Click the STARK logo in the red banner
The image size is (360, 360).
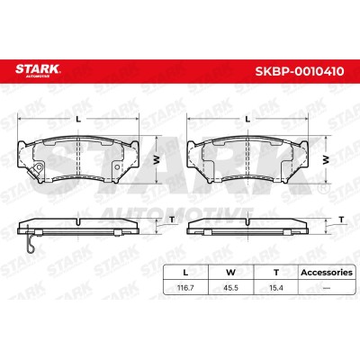38,71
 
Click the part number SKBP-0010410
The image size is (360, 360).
300,71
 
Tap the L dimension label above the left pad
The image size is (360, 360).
78,120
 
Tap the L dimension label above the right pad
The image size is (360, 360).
247,120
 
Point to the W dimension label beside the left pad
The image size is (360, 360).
157,160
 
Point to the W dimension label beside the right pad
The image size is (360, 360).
326,160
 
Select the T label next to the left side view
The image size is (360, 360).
172,220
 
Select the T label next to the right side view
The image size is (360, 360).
341,220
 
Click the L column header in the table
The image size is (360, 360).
185,273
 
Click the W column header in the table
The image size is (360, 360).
230,273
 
